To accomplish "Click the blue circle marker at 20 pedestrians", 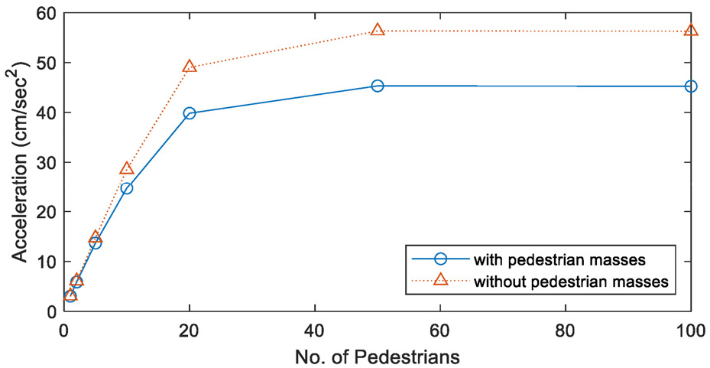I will (190, 113).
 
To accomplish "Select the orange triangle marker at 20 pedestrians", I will (190, 67).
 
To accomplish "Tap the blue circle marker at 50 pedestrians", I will (378, 86).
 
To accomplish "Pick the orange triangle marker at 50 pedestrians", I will (378, 31).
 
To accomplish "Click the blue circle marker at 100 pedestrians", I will (691, 86).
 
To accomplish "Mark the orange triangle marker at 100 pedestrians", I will (691, 31).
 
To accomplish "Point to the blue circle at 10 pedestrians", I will (127, 188).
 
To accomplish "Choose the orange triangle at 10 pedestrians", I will (127, 168).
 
